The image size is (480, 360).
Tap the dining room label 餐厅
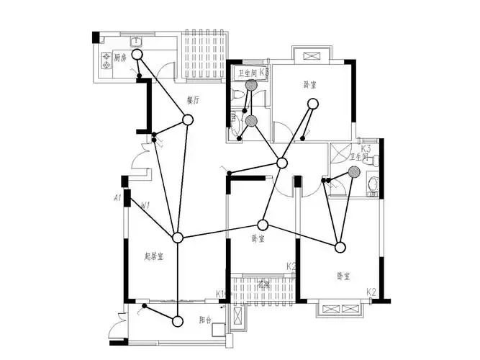(x=192, y=100)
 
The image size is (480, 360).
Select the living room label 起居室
(x=154, y=256)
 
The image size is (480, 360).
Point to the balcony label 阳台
(x=205, y=321)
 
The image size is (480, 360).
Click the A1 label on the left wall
(x=117, y=197)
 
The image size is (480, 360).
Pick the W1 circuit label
(x=145, y=206)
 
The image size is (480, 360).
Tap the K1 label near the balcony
(x=220, y=294)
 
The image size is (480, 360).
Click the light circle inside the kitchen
(x=137, y=54)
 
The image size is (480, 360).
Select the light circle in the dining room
(x=188, y=120)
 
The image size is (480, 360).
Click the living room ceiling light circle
(x=178, y=238)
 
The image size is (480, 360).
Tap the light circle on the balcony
(x=178, y=320)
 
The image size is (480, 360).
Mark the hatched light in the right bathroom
(x=354, y=171)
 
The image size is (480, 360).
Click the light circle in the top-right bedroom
(x=312, y=104)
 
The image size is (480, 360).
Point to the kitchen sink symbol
(x=135, y=40)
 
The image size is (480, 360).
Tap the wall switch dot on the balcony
(x=145, y=307)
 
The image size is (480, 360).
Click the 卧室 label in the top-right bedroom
(x=310, y=84)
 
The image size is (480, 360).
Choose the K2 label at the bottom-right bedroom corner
(x=371, y=292)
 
